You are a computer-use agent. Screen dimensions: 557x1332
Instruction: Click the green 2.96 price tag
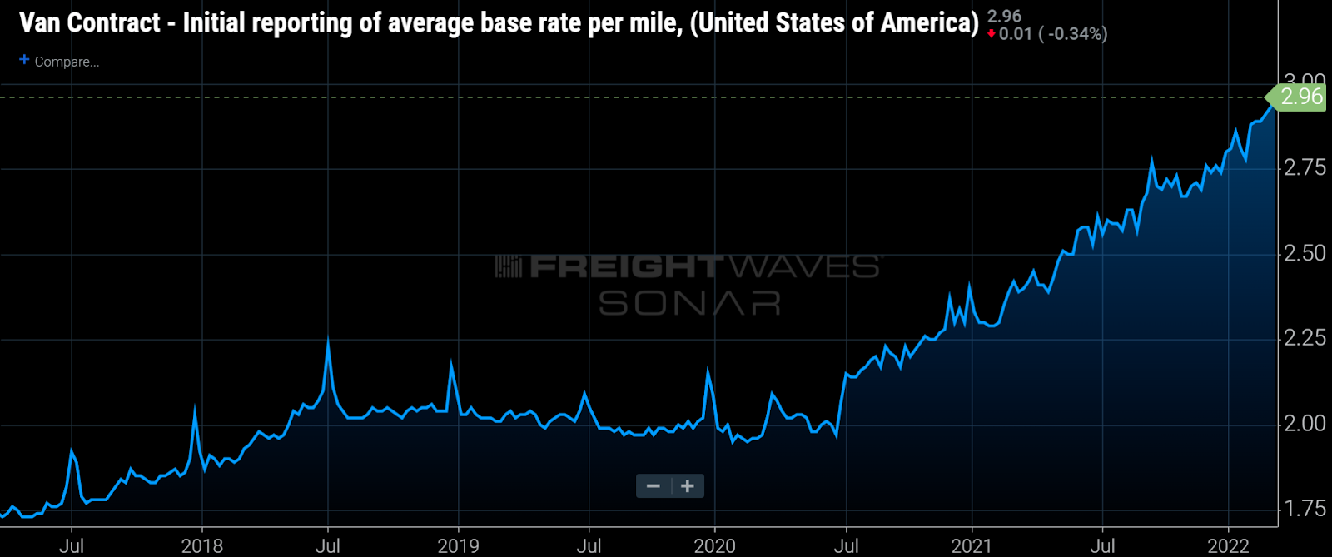[1299, 97]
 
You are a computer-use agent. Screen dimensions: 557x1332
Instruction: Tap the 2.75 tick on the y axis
[1305, 167]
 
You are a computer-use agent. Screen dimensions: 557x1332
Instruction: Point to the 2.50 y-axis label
[1305, 253]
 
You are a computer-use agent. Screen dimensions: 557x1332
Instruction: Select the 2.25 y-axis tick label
[1305, 337]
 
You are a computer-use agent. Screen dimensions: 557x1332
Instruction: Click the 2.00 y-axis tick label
[1305, 423]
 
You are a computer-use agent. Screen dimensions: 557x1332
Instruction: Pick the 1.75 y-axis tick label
[1305, 508]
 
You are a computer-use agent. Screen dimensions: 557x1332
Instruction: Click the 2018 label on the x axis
[201, 545]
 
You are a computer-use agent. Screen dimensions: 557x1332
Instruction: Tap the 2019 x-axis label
[458, 545]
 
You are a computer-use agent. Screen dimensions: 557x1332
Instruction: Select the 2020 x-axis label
[714, 545]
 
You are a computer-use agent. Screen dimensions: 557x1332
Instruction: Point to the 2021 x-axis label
[972, 545]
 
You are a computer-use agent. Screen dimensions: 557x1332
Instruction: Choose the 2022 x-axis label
[1228, 545]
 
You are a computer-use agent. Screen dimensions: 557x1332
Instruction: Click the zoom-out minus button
[654, 486]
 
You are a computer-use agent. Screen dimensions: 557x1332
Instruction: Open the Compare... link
[67, 62]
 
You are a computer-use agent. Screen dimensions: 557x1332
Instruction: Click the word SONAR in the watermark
[689, 304]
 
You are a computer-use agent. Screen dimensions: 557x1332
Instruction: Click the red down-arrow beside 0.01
[992, 34]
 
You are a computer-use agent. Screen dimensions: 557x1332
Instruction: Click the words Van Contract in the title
[90, 22]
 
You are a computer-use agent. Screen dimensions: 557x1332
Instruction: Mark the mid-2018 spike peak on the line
[328, 341]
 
